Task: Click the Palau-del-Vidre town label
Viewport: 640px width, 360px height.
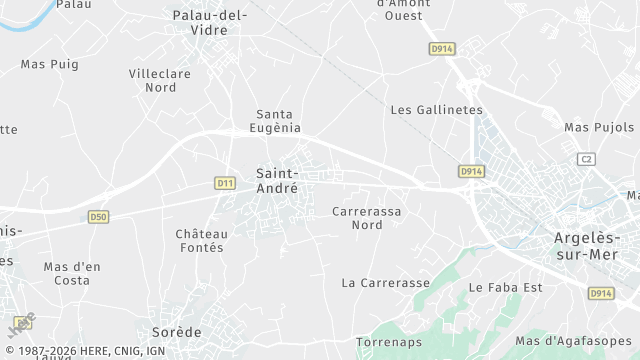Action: pyautogui.click(x=210, y=22)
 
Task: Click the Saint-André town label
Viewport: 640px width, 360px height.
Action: pyautogui.click(x=277, y=180)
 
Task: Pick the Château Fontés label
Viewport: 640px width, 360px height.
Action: pyautogui.click(x=201, y=240)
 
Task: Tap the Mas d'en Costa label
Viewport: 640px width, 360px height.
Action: pyautogui.click(x=72, y=273)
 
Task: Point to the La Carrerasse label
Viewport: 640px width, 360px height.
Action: pyautogui.click(x=385, y=283)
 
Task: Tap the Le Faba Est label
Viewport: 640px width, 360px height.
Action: pyautogui.click(x=504, y=287)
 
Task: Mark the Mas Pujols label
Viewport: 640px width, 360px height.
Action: pyautogui.click(x=599, y=127)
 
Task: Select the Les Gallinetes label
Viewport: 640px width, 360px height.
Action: pyautogui.click(x=436, y=110)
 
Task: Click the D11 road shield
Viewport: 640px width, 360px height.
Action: pyautogui.click(x=225, y=183)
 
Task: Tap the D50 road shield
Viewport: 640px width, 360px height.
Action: pyautogui.click(x=98, y=216)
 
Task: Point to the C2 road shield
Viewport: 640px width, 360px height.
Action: pyautogui.click(x=586, y=159)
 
